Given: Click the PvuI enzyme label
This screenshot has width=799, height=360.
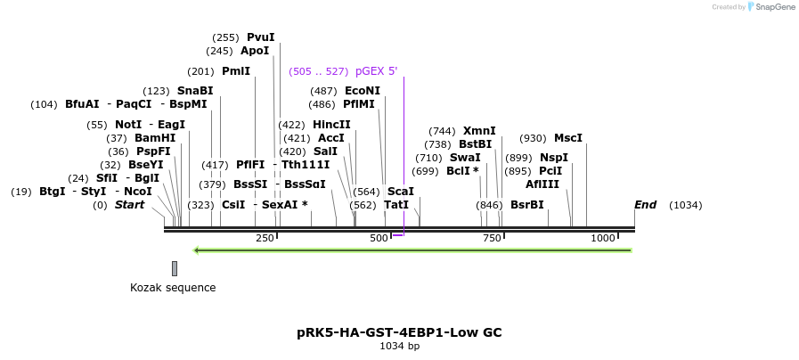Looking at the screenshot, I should click(x=260, y=37).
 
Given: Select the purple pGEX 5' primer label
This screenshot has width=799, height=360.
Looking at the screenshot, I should click(x=376, y=71).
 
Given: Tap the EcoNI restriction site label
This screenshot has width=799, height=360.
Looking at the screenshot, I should click(x=363, y=91).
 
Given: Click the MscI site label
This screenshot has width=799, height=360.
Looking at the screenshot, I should click(x=567, y=138).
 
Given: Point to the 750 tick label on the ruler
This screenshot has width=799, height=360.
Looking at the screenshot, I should click(x=492, y=239).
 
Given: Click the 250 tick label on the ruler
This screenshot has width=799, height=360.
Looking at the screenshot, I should click(x=265, y=239).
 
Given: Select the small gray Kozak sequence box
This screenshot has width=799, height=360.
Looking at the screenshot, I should click(x=175, y=268).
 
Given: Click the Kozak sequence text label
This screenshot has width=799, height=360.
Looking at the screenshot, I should click(x=173, y=288).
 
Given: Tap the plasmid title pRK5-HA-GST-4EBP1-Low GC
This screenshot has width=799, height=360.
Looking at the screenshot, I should click(x=399, y=332).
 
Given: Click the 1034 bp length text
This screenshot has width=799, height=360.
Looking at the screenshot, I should click(x=399, y=346).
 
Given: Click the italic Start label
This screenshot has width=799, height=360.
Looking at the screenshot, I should click(x=129, y=205).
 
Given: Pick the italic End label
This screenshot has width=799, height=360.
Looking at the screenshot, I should click(x=645, y=205).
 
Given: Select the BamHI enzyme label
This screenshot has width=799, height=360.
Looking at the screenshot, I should click(x=155, y=138).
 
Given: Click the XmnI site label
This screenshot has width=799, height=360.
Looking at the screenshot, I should click(x=479, y=131).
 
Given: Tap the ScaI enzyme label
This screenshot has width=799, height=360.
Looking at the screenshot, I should click(x=401, y=192).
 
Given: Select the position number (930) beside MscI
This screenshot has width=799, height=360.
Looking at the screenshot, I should click(x=533, y=138).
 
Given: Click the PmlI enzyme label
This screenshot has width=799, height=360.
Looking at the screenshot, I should click(x=236, y=71).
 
